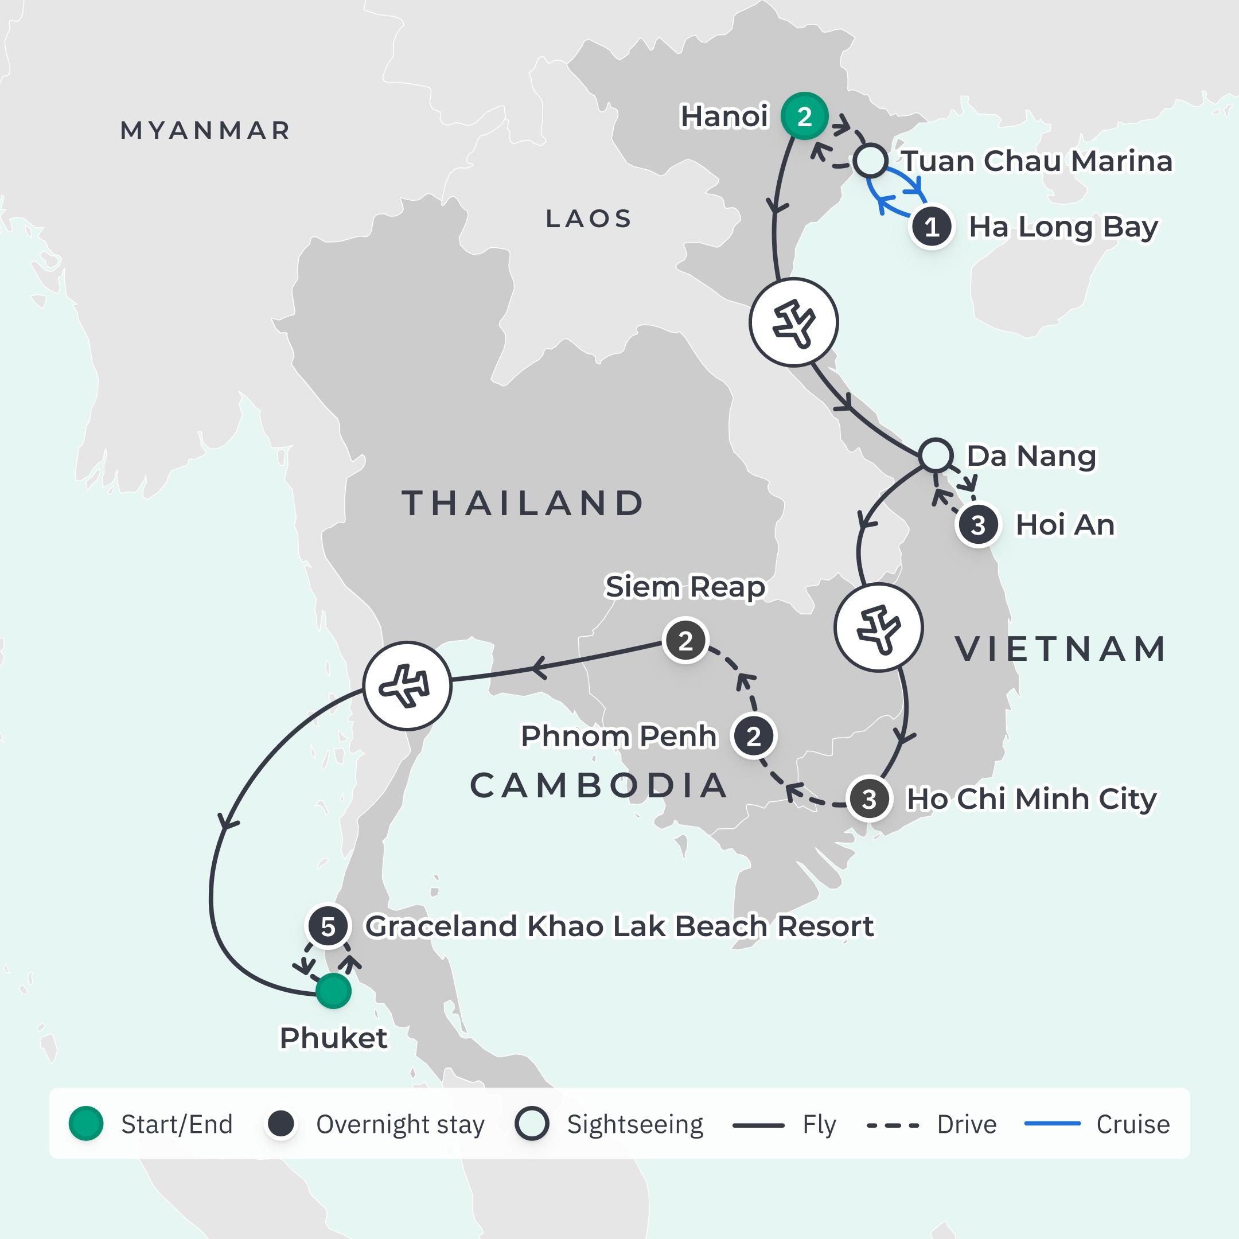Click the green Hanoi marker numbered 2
click(804, 116)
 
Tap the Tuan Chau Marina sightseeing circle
click(870, 161)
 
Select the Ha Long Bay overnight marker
click(932, 227)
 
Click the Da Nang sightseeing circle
click(936, 455)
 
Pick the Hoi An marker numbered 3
click(978, 525)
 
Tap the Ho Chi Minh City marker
click(869, 799)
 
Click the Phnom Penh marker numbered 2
click(754, 736)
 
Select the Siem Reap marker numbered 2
click(685, 641)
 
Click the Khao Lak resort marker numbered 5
click(328, 926)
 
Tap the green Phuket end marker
click(333, 991)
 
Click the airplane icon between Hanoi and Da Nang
click(794, 322)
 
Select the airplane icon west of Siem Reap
click(407, 686)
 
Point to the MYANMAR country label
click(205, 131)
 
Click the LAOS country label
click(589, 219)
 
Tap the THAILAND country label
click(523, 503)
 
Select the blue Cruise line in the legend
click(1053, 1124)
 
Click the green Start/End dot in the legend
click(86, 1124)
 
